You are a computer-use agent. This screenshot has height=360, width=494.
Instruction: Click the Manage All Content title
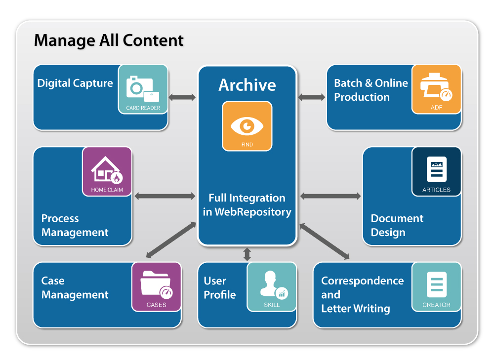pyautogui.click(x=109, y=40)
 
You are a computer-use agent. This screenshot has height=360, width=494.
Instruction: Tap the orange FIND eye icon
pyautogui.click(x=247, y=126)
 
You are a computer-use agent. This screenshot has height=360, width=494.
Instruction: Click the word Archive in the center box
pyautogui.click(x=247, y=85)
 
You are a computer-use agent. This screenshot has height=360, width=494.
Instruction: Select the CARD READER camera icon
pyautogui.click(x=143, y=89)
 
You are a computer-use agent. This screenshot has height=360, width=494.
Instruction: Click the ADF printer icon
pyautogui.click(x=436, y=89)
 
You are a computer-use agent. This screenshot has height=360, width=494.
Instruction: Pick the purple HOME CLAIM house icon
pyautogui.click(x=107, y=171)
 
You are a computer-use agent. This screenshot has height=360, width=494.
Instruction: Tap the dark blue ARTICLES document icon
pyautogui.click(x=436, y=171)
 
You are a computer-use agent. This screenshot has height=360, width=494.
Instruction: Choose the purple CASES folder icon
pyautogui.click(x=156, y=286)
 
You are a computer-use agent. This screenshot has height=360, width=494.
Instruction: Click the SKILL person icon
pyautogui.click(x=272, y=286)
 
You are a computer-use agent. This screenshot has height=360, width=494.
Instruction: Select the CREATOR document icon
pyautogui.click(x=436, y=286)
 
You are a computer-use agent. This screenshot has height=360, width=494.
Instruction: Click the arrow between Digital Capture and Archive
pyautogui.click(x=182, y=97)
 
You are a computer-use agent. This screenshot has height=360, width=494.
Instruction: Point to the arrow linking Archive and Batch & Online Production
pyautogui.click(x=312, y=97)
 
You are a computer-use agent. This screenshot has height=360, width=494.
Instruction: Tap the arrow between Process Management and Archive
pyautogui.click(x=165, y=197)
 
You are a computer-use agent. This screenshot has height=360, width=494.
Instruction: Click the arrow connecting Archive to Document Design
pyautogui.click(x=330, y=197)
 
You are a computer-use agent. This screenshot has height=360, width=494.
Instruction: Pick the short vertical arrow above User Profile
pyautogui.click(x=247, y=254)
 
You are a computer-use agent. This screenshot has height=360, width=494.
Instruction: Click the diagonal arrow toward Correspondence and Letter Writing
pyautogui.click(x=324, y=241)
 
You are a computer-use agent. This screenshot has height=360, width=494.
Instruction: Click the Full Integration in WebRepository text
pyautogui.click(x=247, y=205)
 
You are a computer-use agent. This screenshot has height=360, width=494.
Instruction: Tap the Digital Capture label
pyautogui.click(x=75, y=83)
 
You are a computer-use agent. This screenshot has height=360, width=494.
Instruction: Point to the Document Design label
pyautogui.click(x=397, y=225)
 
